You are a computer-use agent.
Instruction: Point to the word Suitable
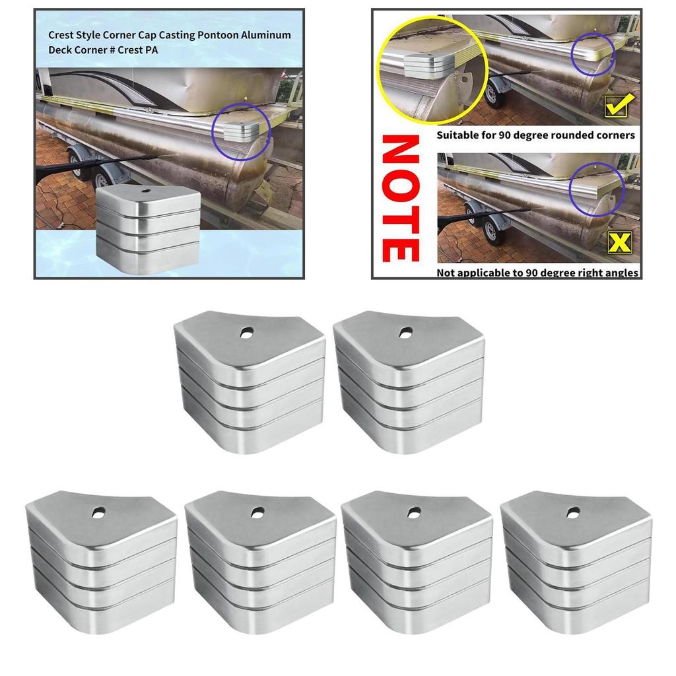click(x=458, y=135)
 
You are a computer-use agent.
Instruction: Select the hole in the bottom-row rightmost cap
click(x=573, y=512)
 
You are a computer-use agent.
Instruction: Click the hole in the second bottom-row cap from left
click(x=257, y=512)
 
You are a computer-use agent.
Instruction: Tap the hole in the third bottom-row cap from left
click(x=415, y=512)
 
